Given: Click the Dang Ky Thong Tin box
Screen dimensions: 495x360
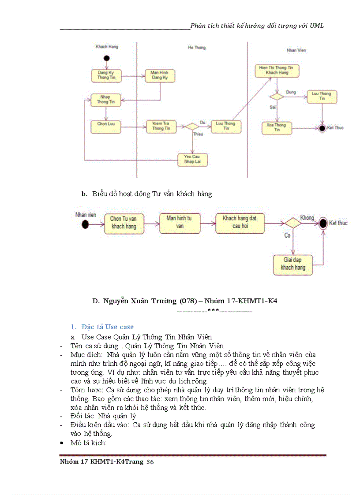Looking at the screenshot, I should click(x=106, y=75).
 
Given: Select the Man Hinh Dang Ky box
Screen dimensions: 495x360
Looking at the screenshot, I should click(x=160, y=75).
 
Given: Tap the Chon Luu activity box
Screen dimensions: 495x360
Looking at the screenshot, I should click(x=106, y=126).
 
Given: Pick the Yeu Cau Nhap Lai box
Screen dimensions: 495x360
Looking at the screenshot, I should click(x=192, y=159).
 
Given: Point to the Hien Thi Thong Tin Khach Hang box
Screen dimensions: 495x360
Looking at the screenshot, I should click(x=277, y=71).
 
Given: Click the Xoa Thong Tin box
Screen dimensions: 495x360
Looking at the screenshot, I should click(x=277, y=128).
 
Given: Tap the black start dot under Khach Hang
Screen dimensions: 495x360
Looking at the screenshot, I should click(x=106, y=59).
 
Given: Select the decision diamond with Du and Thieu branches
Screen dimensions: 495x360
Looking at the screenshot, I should click(x=192, y=127).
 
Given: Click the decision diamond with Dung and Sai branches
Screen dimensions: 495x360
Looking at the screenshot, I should click(x=277, y=97).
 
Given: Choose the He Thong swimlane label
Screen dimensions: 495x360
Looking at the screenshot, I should click(x=197, y=48).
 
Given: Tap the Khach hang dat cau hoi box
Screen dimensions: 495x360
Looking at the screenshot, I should click(x=240, y=222).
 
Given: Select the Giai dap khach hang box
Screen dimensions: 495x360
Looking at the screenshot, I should click(x=293, y=264).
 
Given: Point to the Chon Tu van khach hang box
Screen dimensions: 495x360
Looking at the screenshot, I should click(x=124, y=223).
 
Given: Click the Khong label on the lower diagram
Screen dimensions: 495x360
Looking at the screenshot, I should click(x=307, y=218).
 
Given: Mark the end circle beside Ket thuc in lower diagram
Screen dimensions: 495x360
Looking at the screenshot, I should click(x=323, y=223).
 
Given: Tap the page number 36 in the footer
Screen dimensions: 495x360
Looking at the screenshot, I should click(x=150, y=462).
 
